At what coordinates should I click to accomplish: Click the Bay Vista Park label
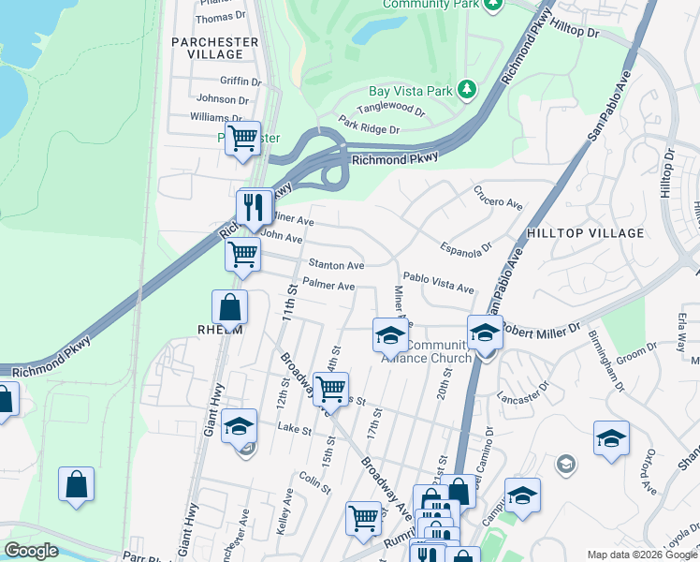pyautogui.click(x=411, y=91)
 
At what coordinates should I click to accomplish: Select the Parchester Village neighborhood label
pyautogui.click(x=214, y=48)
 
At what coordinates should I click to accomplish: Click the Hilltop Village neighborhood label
pyautogui.click(x=585, y=232)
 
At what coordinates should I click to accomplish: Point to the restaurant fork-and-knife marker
pyautogui.click(x=253, y=207)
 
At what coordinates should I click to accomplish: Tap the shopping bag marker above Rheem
pyautogui.click(x=229, y=306)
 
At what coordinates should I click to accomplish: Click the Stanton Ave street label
pyautogui.click(x=336, y=266)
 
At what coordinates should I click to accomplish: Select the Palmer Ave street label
pyautogui.click(x=328, y=286)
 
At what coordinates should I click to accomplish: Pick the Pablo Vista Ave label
pyautogui.click(x=438, y=279)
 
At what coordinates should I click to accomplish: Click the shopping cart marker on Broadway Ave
pyautogui.click(x=329, y=388)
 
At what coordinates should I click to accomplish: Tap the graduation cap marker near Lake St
pyautogui.click(x=239, y=425)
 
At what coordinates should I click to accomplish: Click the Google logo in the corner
pyautogui.click(x=31, y=551)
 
